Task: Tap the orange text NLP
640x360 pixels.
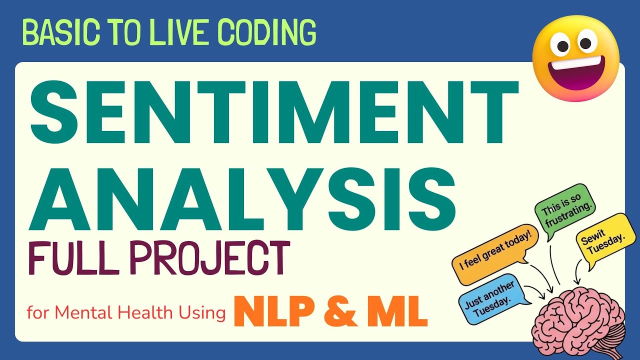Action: [270, 310]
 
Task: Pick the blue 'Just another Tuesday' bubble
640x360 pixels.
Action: [492, 299]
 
